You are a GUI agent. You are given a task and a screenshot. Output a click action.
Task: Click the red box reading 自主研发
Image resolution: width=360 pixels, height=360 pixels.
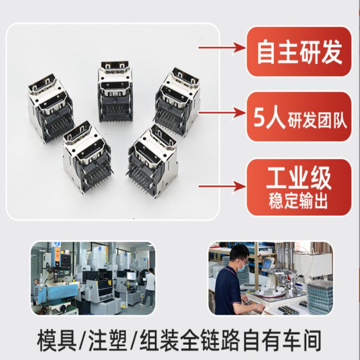pyautogui.click(x=299, y=52)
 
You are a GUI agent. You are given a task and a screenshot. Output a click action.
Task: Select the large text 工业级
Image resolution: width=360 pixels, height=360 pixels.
pyautogui.click(x=299, y=178)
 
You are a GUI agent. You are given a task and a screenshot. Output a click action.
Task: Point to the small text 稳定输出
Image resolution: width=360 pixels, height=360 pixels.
pyautogui.click(x=298, y=201)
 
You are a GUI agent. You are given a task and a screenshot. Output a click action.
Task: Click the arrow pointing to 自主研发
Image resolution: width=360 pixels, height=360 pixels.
pyautogui.click(x=222, y=48)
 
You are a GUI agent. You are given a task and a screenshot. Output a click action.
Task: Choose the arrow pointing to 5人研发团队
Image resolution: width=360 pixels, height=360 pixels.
pyautogui.click(x=222, y=113)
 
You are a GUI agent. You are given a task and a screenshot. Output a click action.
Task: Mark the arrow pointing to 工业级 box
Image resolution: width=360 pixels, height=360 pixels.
pyautogui.click(x=222, y=186)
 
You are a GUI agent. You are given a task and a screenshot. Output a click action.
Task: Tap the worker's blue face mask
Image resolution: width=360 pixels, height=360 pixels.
pyautogui.click(x=242, y=267)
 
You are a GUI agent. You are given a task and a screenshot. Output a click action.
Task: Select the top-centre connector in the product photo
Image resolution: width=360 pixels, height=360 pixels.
pyautogui.click(x=115, y=91)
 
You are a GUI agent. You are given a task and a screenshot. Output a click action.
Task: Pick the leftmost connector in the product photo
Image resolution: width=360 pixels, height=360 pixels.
pyautogui.click(x=51, y=108)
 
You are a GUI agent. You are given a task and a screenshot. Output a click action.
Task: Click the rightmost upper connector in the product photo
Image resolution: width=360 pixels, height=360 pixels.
pyautogui.click(x=177, y=102)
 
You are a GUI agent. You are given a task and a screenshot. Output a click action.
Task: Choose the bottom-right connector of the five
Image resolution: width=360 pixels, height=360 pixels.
pyautogui.click(x=152, y=161)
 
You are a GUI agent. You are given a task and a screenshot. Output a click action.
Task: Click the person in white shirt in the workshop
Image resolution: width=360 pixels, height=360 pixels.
pyautogui.click(x=148, y=287)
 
